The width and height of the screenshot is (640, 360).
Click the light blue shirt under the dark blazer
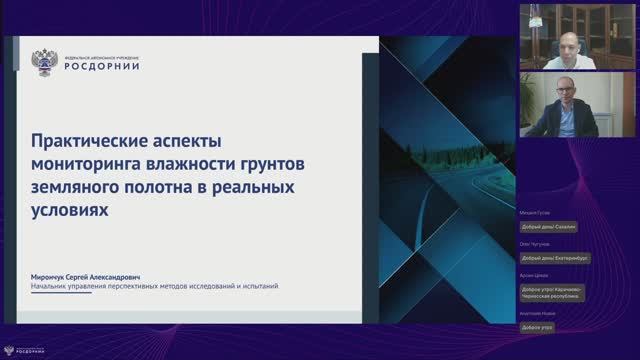pyautogui.click(x=566, y=127)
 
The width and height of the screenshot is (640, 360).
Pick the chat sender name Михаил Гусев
pyautogui.click(x=533, y=213)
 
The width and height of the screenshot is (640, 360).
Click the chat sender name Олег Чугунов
pyautogui.click(x=534, y=245)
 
